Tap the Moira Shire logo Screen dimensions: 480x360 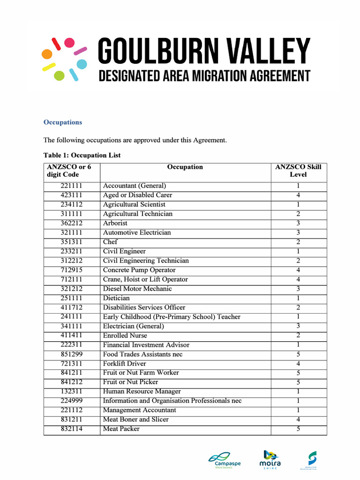[x=270, y=459]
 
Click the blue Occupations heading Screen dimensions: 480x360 [x=63, y=122]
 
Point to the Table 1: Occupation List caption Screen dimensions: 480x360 [x=82, y=155]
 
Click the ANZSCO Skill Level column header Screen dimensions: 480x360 [x=298, y=171]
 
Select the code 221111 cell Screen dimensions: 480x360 [x=72, y=186]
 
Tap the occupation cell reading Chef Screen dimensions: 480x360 [x=111, y=242]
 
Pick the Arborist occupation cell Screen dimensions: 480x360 [x=115, y=223]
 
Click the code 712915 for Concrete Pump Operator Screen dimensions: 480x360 [x=72, y=270]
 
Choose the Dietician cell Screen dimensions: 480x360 [x=117, y=298]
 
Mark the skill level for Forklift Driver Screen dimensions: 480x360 [x=298, y=364]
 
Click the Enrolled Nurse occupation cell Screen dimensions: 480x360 [x=125, y=336]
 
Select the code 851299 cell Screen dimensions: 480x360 [x=72, y=354]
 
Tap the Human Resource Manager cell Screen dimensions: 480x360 [x=142, y=391]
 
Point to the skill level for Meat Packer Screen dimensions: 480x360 [x=298, y=429]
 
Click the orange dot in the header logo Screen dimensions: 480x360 [x=47, y=54]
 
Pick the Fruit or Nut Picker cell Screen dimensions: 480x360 [x=131, y=382]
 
